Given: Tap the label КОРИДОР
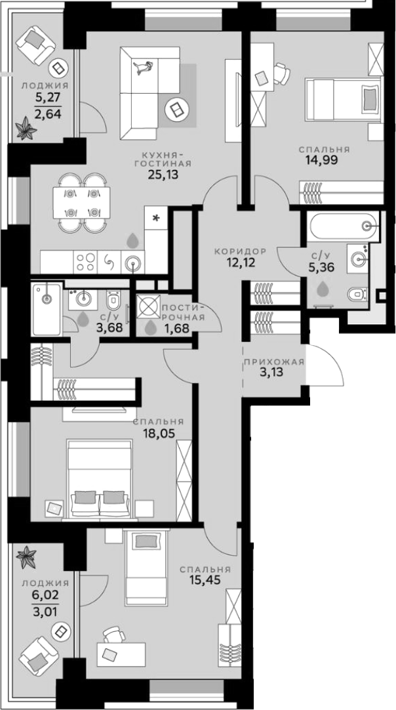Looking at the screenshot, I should coord(240,251).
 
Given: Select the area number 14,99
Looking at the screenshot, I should coord(321,160).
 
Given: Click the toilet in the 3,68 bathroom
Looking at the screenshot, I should coord(113,302).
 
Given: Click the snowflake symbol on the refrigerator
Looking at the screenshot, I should coord(156,218).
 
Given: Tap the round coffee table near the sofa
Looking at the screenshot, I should coord(176,108).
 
